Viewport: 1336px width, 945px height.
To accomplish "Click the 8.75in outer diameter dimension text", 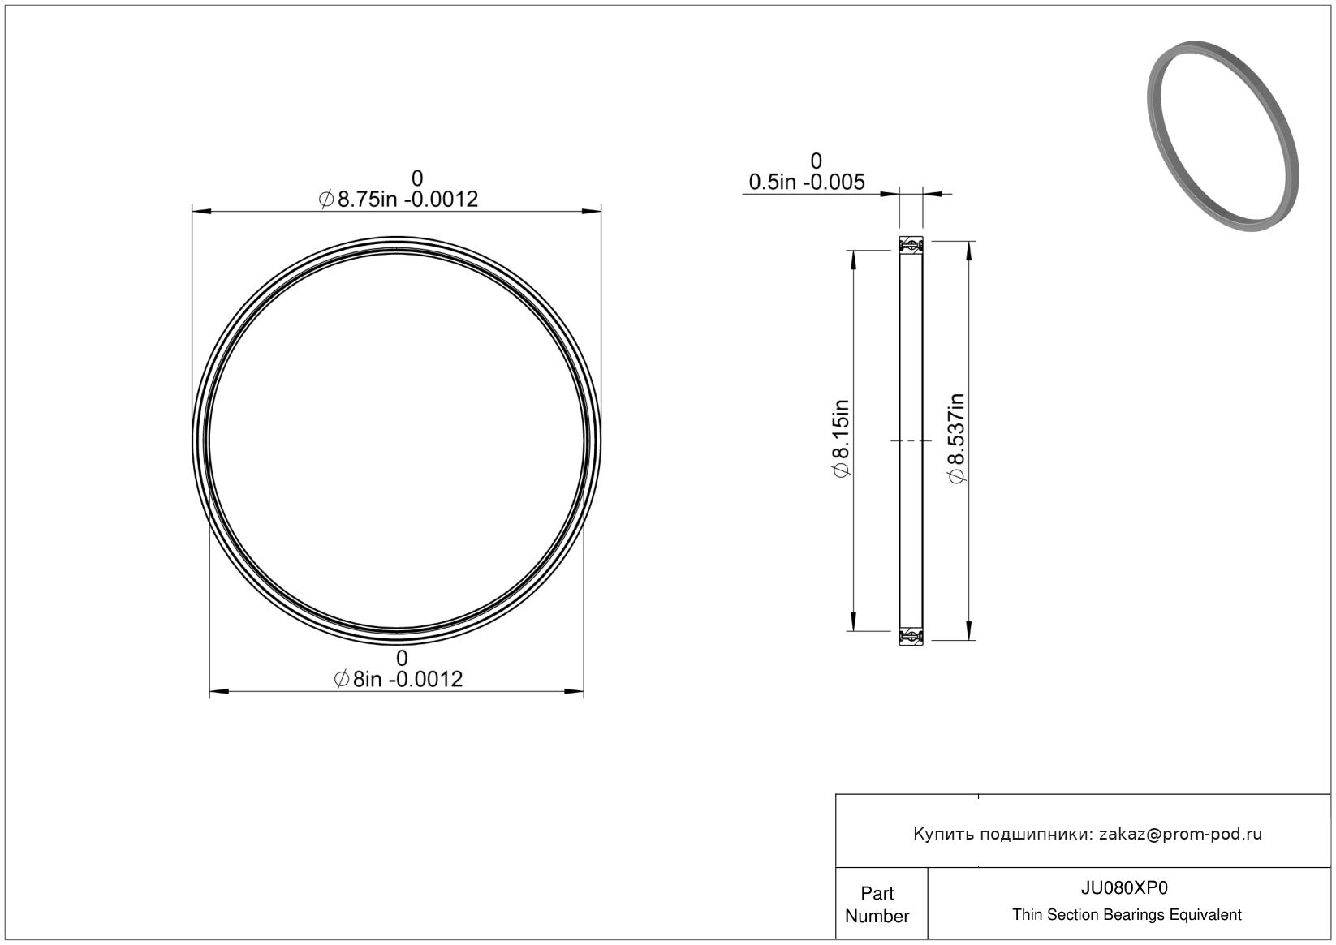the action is pyautogui.click(x=399, y=199).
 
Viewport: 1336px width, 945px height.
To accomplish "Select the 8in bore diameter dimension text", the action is pyautogui.click(x=399, y=679).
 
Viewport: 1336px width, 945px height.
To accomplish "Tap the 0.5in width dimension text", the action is pyautogui.click(x=807, y=182).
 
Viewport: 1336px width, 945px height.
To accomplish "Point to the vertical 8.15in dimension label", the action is pyautogui.click(x=840, y=438).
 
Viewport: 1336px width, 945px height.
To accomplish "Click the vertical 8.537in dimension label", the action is pyautogui.click(x=956, y=438).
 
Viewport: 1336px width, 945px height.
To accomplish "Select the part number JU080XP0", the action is pyautogui.click(x=1124, y=887).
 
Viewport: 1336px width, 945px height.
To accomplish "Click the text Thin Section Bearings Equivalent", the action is pyautogui.click(x=1127, y=915).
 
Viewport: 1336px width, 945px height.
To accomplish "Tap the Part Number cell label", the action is pyautogui.click(x=877, y=904).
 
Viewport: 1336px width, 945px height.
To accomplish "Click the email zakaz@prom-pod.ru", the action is pyautogui.click(x=1180, y=834).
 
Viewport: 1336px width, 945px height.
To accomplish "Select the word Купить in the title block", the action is pyautogui.click(x=944, y=834).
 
